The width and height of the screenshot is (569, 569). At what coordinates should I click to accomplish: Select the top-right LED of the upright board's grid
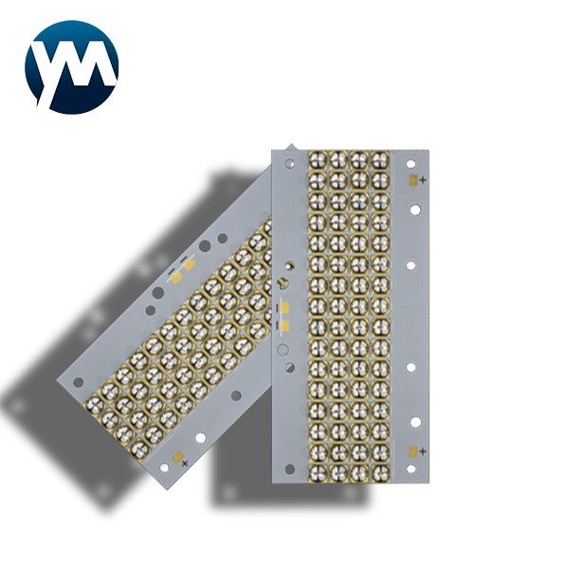[x=380, y=158]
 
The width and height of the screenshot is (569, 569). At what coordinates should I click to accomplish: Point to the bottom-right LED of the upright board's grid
[x=380, y=471]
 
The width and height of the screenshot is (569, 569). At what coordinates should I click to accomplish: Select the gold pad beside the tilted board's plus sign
[x=171, y=466]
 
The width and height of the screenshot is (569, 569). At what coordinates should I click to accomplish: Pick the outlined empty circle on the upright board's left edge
[x=282, y=349]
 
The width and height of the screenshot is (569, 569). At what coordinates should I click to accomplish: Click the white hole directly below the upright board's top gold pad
[x=414, y=210]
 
